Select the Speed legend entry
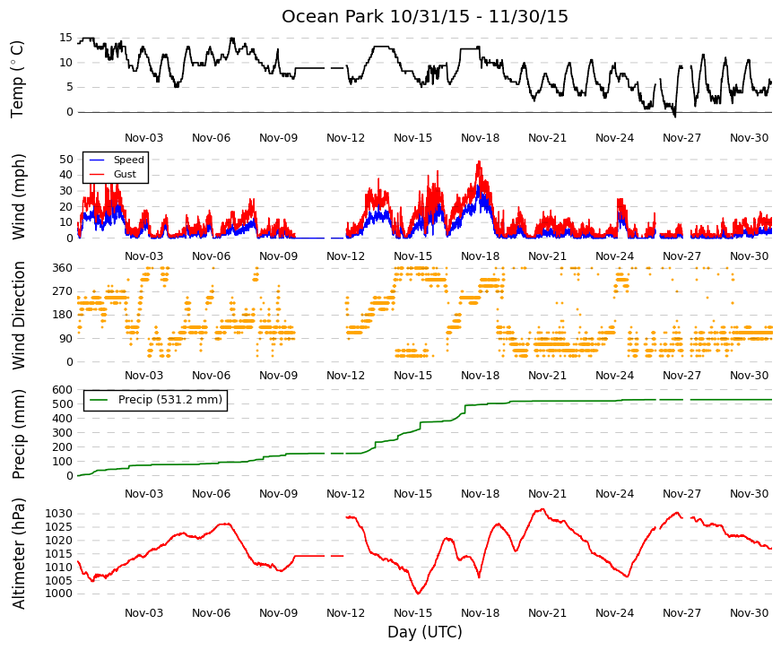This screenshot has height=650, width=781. click(116, 160)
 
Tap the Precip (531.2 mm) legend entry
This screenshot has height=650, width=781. click(155, 400)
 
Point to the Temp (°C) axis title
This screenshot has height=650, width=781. click(17, 79)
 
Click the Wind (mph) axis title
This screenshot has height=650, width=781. click(19, 196)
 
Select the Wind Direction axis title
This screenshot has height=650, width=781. click(19, 316)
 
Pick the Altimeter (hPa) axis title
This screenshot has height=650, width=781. click(19, 553)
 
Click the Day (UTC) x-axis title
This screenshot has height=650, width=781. click(425, 632)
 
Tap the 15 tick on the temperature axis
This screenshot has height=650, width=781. click(65, 38)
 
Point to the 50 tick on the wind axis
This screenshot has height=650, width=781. click(66, 160)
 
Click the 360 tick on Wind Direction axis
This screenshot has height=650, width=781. click(63, 268)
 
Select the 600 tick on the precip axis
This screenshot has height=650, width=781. click(63, 390)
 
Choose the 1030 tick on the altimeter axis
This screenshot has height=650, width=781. click(59, 514)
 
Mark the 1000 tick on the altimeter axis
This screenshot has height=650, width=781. click(59, 594)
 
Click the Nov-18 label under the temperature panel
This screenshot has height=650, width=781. click(480, 138)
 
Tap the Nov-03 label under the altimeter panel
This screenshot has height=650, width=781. click(144, 613)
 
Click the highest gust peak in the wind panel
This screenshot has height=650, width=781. click(479, 161)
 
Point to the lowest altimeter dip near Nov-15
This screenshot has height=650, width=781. click(418, 594)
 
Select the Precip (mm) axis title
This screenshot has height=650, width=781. click(19, 434)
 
